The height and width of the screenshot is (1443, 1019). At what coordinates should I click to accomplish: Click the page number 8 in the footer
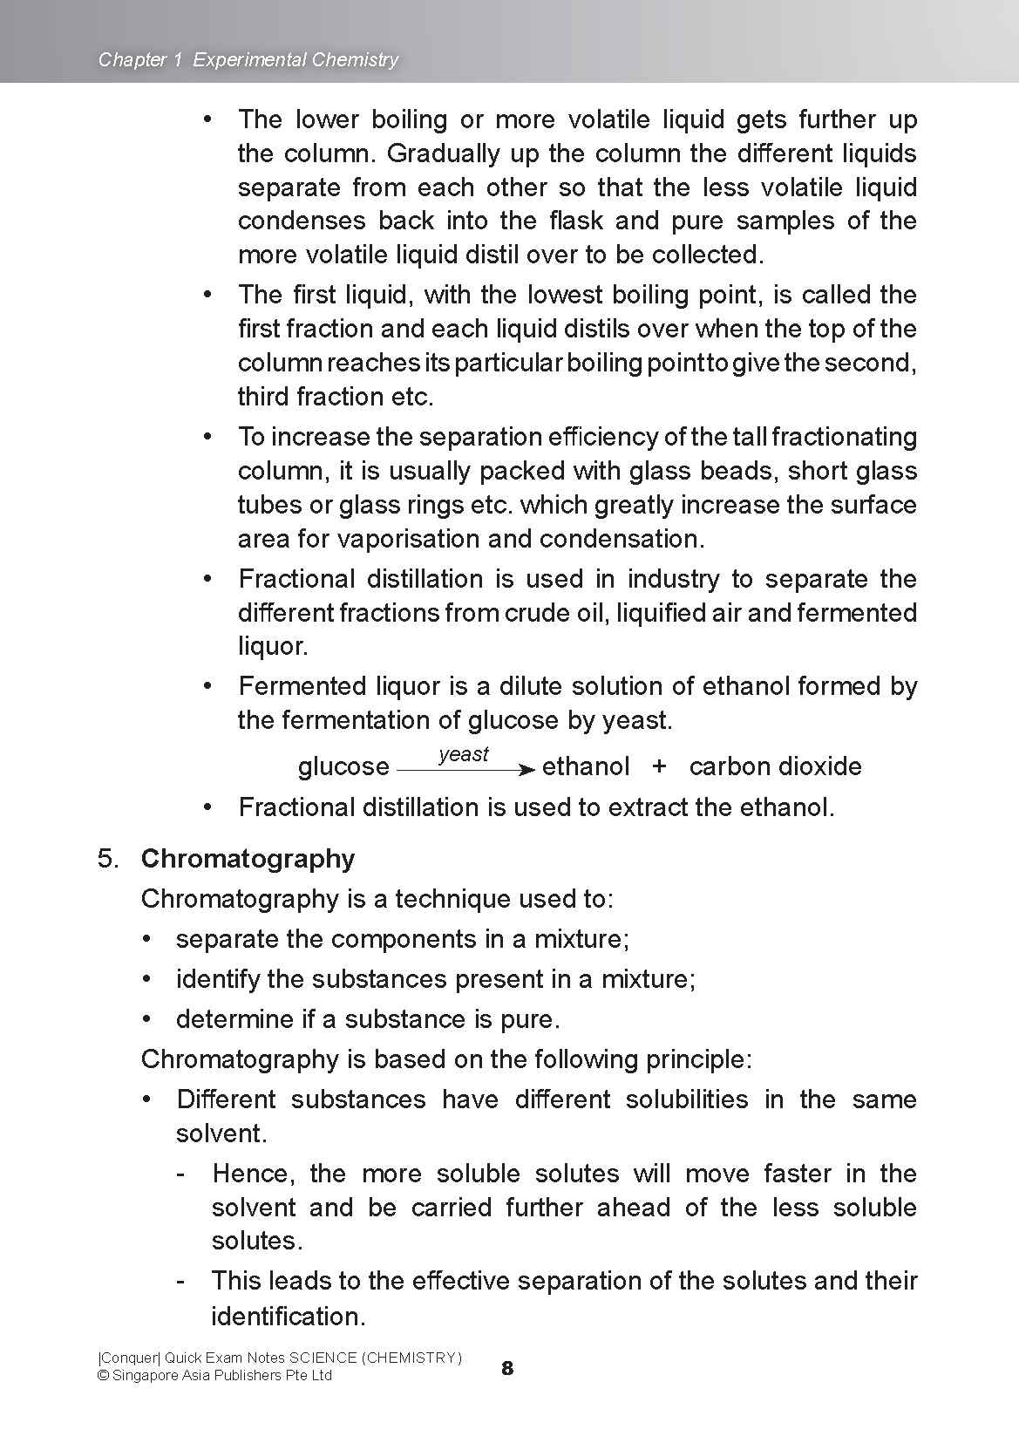click(507, 1368)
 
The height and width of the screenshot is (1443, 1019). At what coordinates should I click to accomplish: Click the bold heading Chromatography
click(248, 859)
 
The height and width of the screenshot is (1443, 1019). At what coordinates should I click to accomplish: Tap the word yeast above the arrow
click(464, 754)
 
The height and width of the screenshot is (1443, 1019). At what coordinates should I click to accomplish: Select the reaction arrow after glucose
click(465, 769)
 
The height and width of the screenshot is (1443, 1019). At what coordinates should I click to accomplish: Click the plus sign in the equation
click(659, 766)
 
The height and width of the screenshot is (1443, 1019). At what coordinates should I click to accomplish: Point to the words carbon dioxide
click(775, 766)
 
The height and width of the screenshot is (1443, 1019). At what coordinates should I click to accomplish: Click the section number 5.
click(108, 859)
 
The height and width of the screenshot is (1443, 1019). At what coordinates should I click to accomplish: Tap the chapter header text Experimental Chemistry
click(296, 59)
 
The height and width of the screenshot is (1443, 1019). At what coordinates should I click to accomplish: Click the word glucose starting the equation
click(343, 767)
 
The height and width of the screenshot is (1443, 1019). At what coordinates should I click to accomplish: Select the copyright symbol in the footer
click(103, 1376)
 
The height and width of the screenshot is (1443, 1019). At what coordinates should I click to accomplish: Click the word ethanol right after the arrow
click(585, 766)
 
